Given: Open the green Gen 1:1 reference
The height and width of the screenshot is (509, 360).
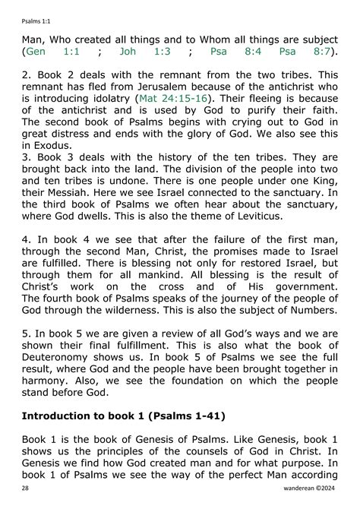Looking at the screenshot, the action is pos(52,52).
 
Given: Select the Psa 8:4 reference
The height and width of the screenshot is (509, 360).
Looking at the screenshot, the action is pos(231,52).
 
